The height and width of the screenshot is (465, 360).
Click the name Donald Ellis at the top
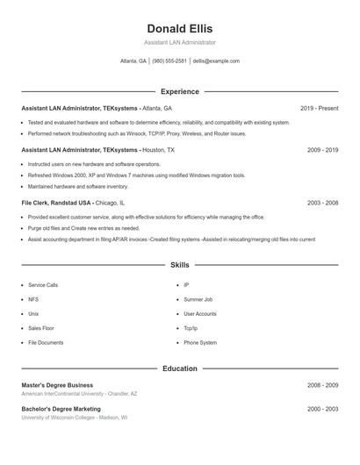[179, 28]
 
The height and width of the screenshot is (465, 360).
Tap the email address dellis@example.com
[216, 61]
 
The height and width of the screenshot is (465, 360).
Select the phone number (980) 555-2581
[169, 61]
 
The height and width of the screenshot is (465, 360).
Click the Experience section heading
[179, 91]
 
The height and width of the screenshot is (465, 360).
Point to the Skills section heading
[179, 264]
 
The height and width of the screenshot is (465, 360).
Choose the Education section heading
[179, 368]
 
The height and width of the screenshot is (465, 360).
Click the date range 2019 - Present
[319, 108]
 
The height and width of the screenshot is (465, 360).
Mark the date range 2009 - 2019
[322, 150]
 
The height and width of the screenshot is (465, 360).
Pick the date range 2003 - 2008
[322, 202]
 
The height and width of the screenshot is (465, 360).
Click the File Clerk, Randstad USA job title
[56, 202]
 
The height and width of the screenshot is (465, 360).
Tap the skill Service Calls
[43, 285]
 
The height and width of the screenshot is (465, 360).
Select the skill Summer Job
[198, 299]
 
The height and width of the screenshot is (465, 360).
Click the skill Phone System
[200, 342]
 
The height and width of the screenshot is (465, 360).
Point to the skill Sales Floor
[41, 328]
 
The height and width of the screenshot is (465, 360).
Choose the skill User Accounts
[200, 313]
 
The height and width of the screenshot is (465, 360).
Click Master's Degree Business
[57, 385]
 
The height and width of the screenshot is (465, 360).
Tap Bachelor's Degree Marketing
[61, 409]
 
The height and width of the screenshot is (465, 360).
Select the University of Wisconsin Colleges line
[75, 418]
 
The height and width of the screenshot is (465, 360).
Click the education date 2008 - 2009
[322, 385]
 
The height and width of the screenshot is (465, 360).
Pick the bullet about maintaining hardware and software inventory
[77, 186]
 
